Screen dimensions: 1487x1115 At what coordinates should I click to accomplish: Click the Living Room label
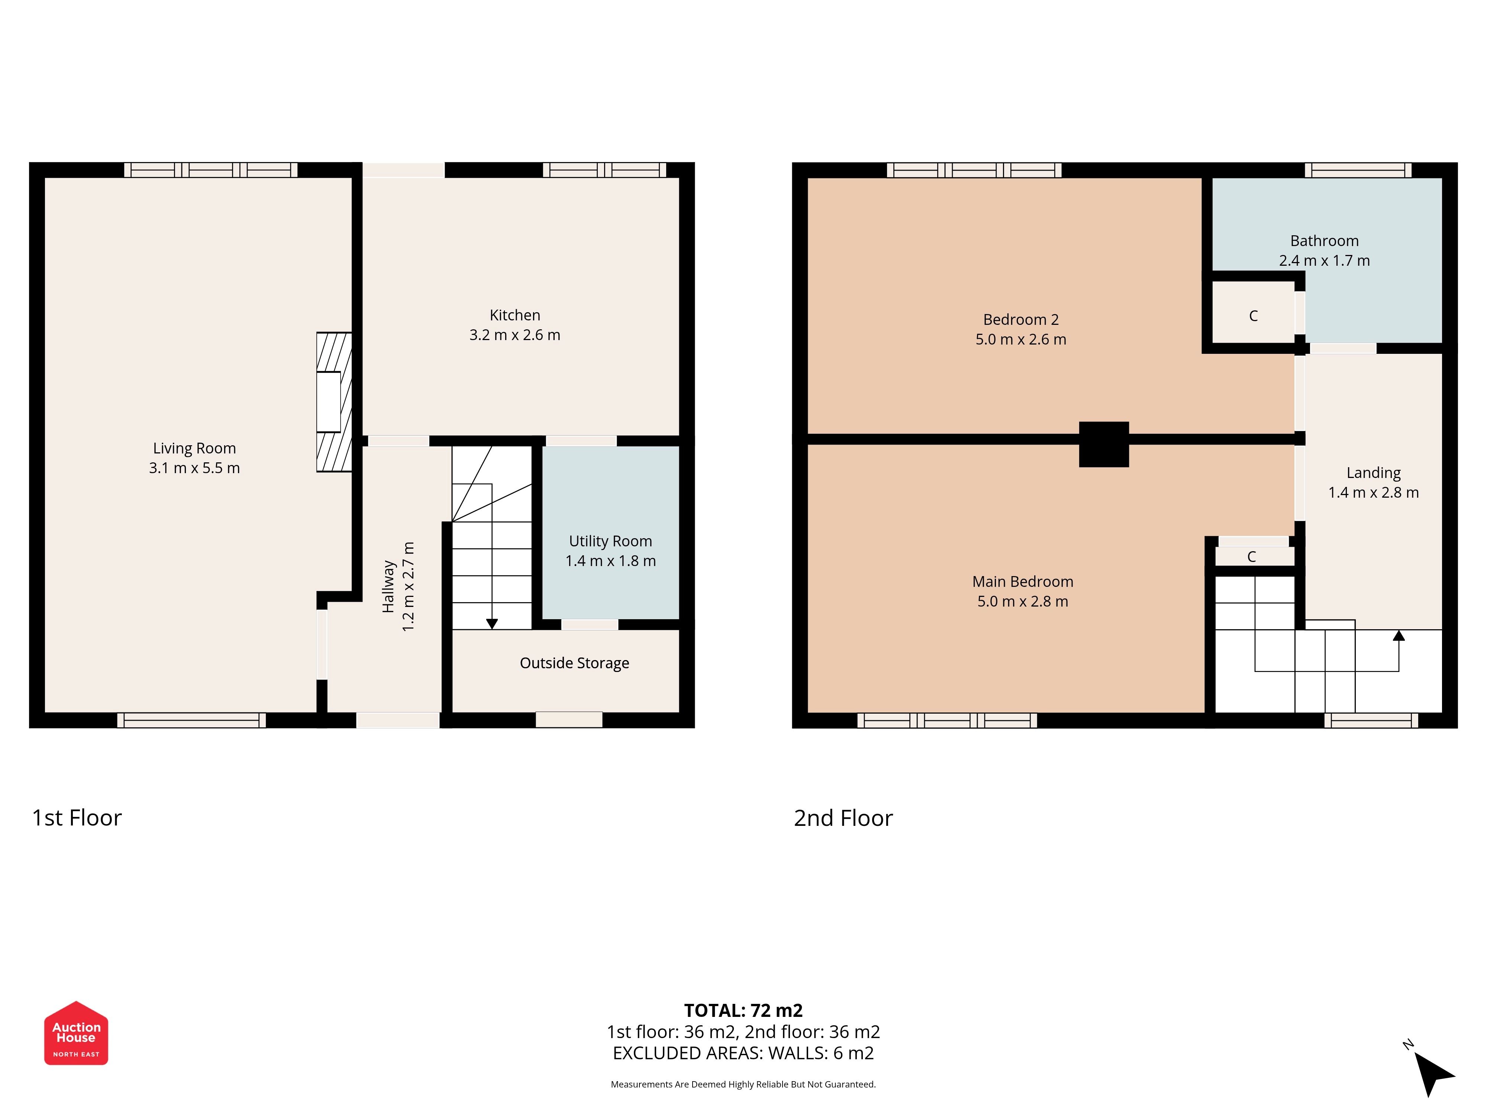[x=194, y=448]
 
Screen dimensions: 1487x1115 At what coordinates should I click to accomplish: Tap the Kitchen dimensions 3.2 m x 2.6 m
[x=515, y=335]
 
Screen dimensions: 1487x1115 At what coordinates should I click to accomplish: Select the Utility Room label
[x=610, y=541]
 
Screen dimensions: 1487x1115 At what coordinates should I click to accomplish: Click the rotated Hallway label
[x=388, y=587]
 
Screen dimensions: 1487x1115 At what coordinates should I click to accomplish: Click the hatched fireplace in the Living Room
[x=334, y=402]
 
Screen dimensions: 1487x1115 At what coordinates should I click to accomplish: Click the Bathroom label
[x=1324, y=240]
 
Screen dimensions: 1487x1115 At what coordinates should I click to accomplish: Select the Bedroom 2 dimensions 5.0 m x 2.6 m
[x=1021, y=339]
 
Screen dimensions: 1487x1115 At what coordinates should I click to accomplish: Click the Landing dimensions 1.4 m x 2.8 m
[x=1373, y=492]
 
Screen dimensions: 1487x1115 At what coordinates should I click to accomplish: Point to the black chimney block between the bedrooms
[x=1104, y=444]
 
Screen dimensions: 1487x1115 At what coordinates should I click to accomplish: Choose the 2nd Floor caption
[x=843, y=818]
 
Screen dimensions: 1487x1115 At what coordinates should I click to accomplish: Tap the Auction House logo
[x=76, y=1033]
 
